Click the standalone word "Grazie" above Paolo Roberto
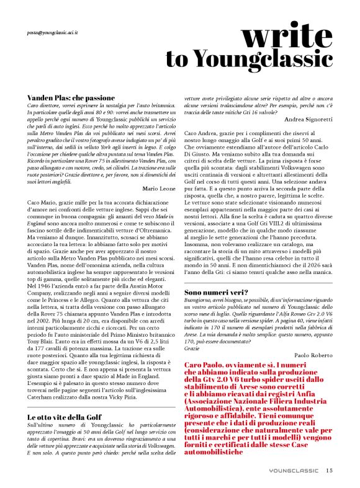pyautogui.click(x=193, y=348)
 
